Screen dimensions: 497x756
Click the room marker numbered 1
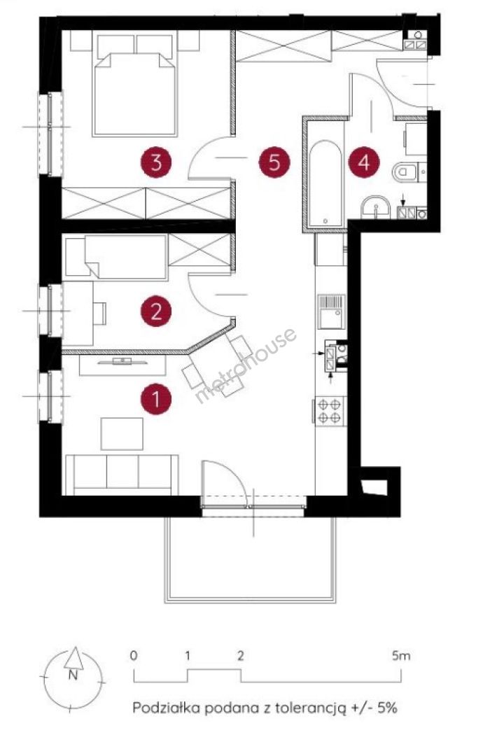[155, 399]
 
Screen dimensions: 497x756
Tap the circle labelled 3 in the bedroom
[155, 162]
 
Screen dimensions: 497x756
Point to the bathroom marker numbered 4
[364, 162]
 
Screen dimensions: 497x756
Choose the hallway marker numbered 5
[274, 162]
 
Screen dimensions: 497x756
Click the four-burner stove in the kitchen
[330, 410]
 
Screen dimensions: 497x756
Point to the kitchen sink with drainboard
[331, 311]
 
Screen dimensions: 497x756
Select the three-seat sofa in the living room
[122, 475]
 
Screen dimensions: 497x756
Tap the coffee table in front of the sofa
[122, 434]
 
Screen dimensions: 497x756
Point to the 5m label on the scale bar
[401, 656]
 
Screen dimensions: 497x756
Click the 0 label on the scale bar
[134, 656]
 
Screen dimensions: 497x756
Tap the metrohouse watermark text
[244, 365]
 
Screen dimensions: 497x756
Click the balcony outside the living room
[250, 559]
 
